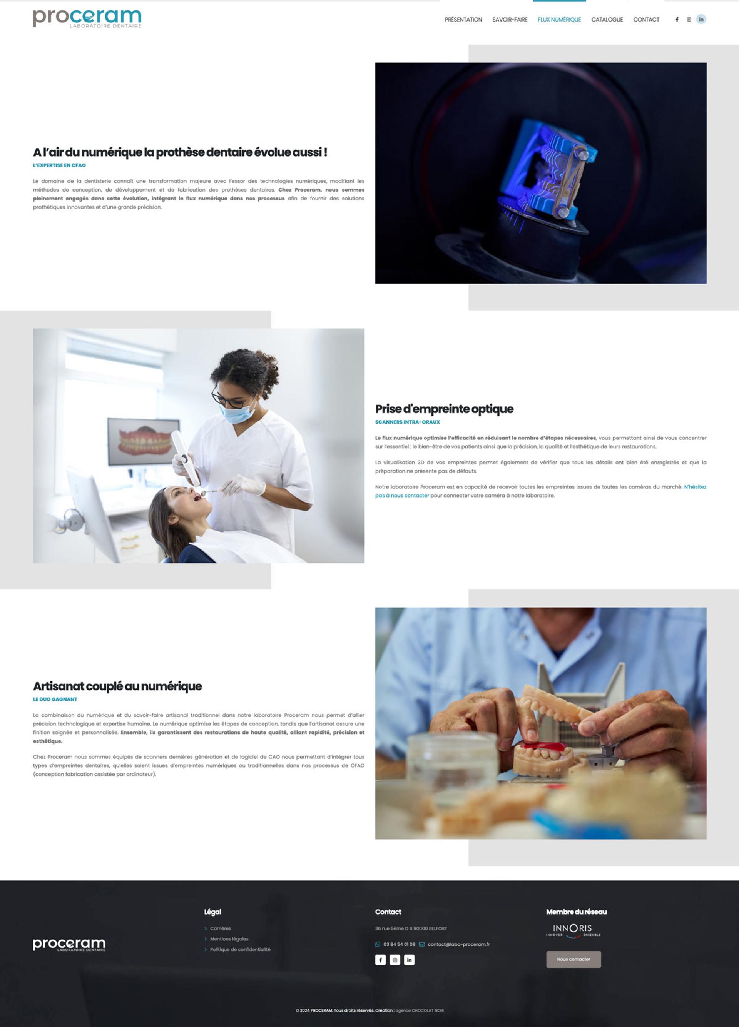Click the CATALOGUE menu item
(x=607, y=20)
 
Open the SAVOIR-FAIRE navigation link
(x=510, y=20)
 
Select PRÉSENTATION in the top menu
(x=463, y=20)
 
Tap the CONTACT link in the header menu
(x=646, y=20)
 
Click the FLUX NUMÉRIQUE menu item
(x=559, y=20)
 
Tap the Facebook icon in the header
(x=677, y=20)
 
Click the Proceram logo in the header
(x=87, y=18)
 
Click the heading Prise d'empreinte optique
(x=444, y=409)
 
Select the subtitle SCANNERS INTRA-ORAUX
(x=408, y=422)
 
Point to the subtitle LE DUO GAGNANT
(x=55, y=699)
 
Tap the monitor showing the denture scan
(x=144, y=441)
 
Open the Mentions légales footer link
(x=229, y=939)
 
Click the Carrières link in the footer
(x=221, y=928)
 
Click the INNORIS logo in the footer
(x=573, y=931)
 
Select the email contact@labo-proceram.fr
(x=459, y=944)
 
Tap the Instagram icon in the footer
(x=395, y=960)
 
